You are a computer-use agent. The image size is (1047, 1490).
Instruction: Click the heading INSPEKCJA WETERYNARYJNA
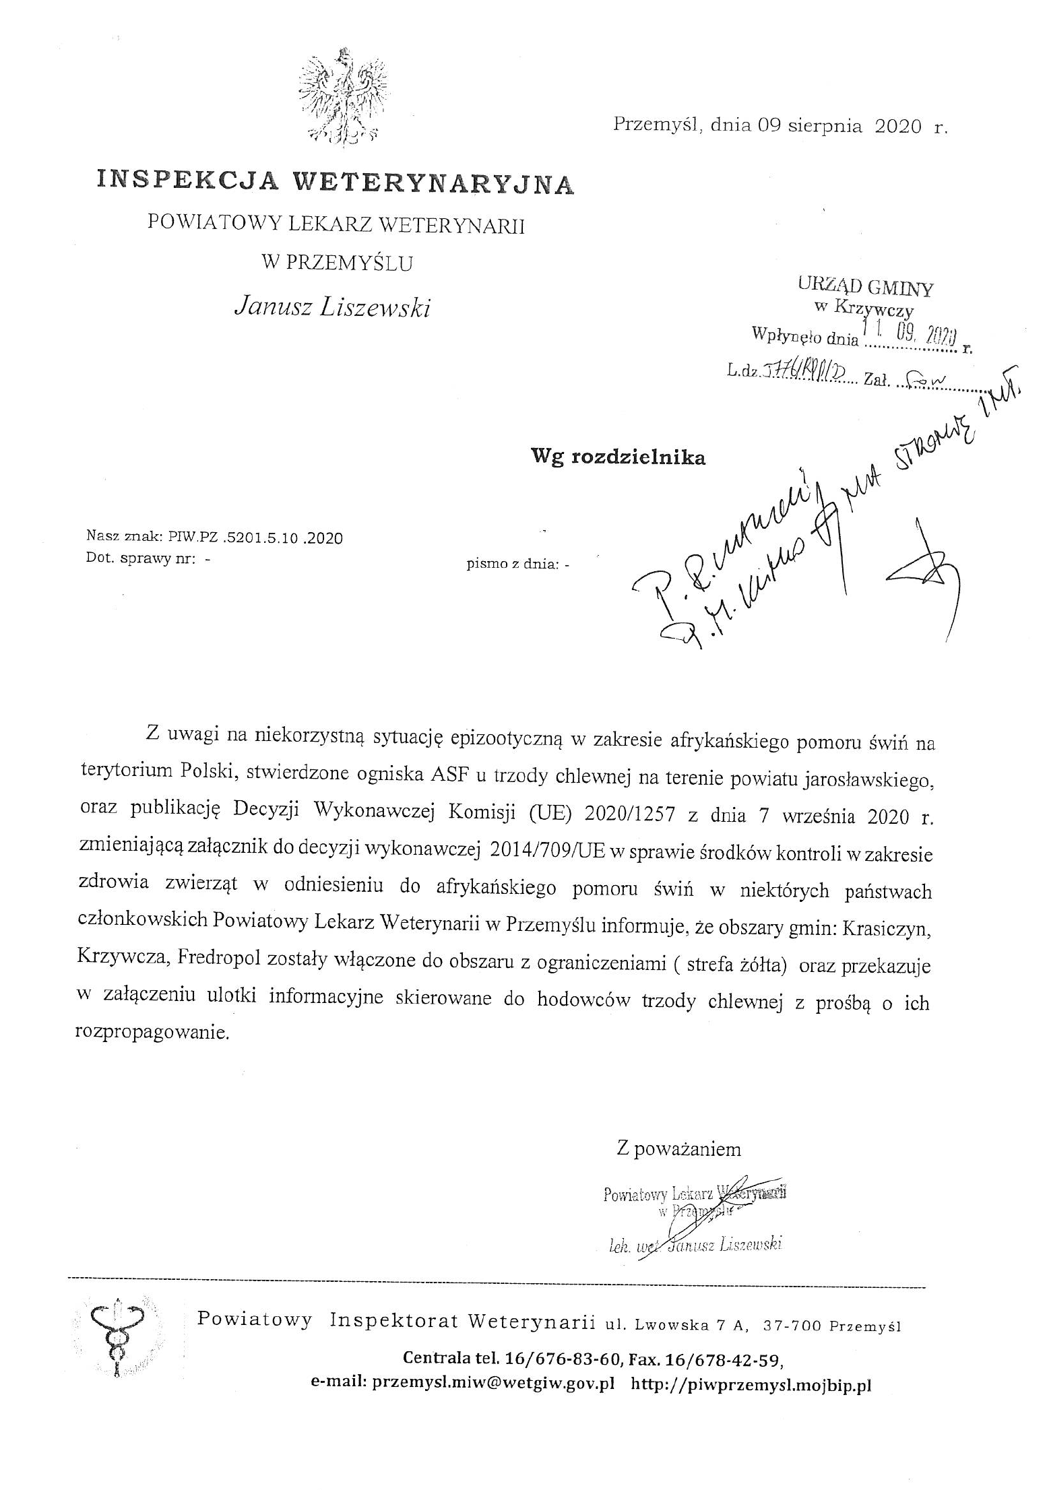point(335,182)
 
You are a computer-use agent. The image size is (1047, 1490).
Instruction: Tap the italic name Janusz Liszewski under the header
point(332,307)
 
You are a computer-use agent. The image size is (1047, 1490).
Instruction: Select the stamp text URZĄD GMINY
point(866,287)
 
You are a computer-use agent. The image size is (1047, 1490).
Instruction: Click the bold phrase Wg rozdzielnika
point(618,457)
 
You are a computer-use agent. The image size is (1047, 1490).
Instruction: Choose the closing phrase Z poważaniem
point(678,1148)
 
